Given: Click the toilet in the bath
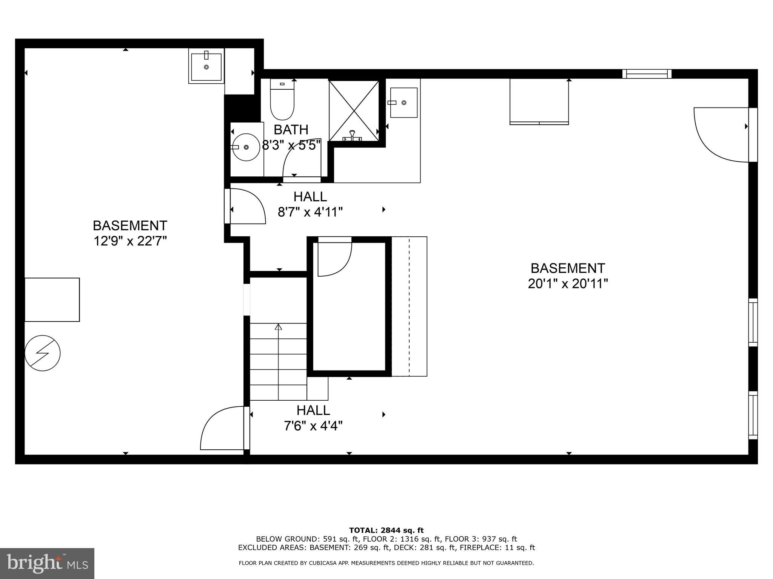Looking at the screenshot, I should tap(282, 100).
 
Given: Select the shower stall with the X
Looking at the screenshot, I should tap(354, 110).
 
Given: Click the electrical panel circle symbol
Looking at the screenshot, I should tap(42, 353).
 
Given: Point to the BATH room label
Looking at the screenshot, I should tap(291, 130).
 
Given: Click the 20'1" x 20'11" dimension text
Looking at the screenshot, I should tap(568, 283).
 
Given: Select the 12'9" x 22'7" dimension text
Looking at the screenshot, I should tap(130, 240).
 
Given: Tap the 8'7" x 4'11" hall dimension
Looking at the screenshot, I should tap(310, 212).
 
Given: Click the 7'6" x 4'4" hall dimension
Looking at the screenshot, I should tap(313, 426).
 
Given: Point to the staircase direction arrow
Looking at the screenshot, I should tap(279, 327).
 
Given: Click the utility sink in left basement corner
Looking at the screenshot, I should tap(206, 67).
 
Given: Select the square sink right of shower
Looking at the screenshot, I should tap(403, 103).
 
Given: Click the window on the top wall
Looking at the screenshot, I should tap(647, 74).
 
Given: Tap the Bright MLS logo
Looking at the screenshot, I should tap(47, 563).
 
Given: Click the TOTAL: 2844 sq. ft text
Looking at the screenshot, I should tap(386, 530).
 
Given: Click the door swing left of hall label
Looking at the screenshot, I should tap(246, 207).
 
